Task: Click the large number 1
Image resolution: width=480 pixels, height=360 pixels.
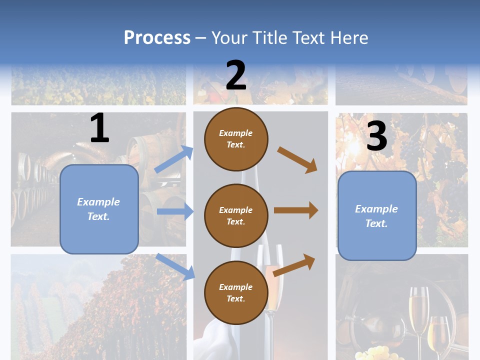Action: pyautogui.click(x=99, y=128)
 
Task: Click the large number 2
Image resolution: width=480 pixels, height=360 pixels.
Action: pyautogui.click(x=236, y=75)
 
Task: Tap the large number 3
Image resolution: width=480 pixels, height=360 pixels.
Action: pyautogui.click(x=376, y=136)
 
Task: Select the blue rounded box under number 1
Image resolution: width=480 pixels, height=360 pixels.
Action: pyautogui.click(x=99, y=209)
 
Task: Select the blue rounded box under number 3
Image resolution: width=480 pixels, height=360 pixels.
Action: pyautogui.click(x=377, y=215)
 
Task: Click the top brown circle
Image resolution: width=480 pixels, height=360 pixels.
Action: pyautogui.click(x=236, y=139)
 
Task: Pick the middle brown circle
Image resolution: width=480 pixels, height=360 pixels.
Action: pyautogui.click(x=236, y=215)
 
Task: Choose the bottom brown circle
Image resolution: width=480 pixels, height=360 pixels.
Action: pyautogui.click(x=236, y=292)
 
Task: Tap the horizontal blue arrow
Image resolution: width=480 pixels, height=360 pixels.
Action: pyautogui.click(x=175, y=211)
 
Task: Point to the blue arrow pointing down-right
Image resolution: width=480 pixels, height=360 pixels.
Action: pyautogui.click(x=175, y=266)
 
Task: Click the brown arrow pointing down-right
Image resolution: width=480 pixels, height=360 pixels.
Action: pyautogui.click(x=297, y=159)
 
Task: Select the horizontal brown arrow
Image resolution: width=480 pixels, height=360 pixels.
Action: pyautogui.click(x=296, y=210)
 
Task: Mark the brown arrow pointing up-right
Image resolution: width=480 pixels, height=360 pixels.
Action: pyautogui.click(x=294, y=264)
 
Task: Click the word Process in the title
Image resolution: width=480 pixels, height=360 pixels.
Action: pyautogui.click(x=157, y=37)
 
